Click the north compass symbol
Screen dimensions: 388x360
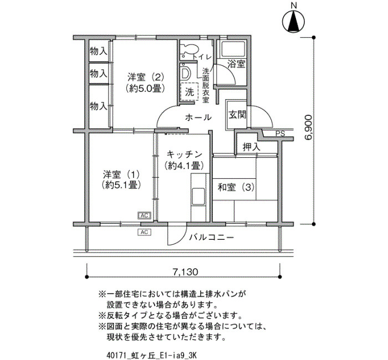tap(293, 21)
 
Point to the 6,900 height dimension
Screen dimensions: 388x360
tap(309, 127)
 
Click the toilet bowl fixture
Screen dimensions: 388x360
tap(190, 49)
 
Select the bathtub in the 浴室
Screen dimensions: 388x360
tap(233, 49)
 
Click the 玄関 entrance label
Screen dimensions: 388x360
tap(237, 115)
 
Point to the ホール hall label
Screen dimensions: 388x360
tap(198, 117)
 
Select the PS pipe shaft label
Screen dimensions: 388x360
tap(280, 134)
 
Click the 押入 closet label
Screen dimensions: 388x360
tap(252, 147)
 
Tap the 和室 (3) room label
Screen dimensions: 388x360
tap(236, 187)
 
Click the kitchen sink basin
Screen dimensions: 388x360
tap(198, 197)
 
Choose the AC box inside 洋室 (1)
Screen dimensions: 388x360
tap(144, 215)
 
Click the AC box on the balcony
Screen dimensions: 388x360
tap(144, 232)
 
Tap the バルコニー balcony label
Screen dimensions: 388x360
tap(212, 238)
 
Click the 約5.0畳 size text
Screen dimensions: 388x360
tap(145, 88)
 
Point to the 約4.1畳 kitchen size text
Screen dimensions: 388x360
tap(184, 166)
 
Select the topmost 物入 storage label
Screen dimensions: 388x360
tap(99, 52)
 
